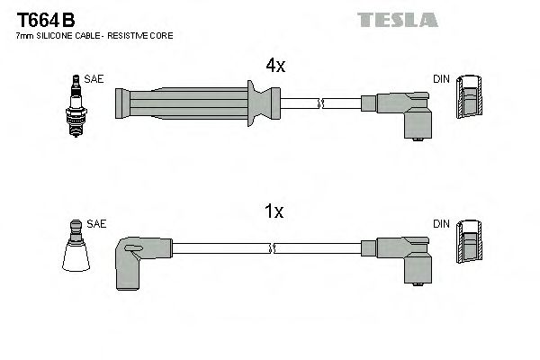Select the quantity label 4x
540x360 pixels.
274,65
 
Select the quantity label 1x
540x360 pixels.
274,212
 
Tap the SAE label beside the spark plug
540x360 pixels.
94,79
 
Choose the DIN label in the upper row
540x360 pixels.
441,79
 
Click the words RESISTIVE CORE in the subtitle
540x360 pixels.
144,35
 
